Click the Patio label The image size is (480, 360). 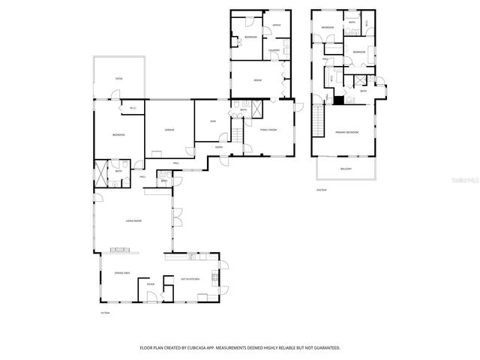(x=118, y=78)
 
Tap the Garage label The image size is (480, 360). (x=170, y=130)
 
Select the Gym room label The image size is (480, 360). (x=213, y=121)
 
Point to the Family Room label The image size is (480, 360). (x=268, y=130)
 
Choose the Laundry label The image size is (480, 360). (x=274, y=50)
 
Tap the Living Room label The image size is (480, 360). (x=133, y=220)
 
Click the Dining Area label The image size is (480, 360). (x=123, y=273)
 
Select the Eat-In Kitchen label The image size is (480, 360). (x=190, y=279)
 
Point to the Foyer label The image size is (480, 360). (x=151, y=284)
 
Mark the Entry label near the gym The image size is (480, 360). (x=219, y=147)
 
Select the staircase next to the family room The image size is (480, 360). (x=238, y=136)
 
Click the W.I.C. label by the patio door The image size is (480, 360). (x=133, y=107)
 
